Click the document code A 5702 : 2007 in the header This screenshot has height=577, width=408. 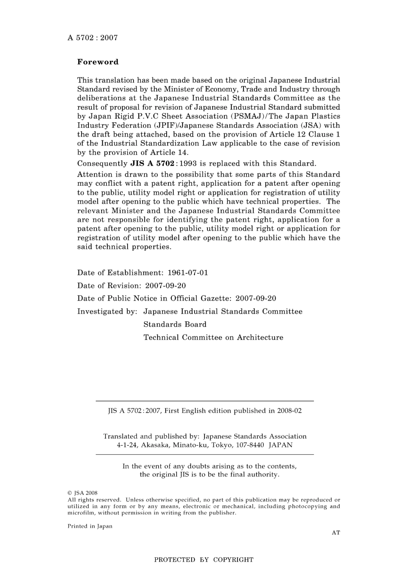[x=92, y=38]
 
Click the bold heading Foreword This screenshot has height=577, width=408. [x=97, y=62]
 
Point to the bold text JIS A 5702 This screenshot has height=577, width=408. [x=152, y=163]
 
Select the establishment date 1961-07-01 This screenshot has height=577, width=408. [x=188, y=273]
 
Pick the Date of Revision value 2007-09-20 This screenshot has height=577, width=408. [x=165, y=286]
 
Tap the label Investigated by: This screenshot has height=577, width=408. [x=107, y=311]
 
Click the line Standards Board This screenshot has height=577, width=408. [x=175, y=324]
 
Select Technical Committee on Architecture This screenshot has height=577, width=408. [x=213, y=337]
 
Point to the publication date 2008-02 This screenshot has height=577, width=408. [x=289, y=411]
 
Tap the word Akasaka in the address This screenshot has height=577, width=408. [x=155, y=445]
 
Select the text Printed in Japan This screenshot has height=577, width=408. [x=90, y=526]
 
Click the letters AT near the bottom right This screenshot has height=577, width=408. [x=336, y=532]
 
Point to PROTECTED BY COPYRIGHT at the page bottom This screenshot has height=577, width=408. [x=204, y=559]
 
